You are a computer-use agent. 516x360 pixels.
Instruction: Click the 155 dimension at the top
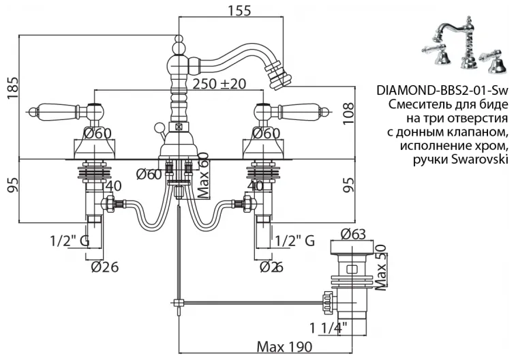point(239,10)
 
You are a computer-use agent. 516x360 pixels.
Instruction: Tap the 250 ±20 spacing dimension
point(219,84)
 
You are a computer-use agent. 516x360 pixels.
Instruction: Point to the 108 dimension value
point(348,113)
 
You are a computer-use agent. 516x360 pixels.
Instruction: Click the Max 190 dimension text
point(284,346)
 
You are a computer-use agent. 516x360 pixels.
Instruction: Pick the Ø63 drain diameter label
point(353,234)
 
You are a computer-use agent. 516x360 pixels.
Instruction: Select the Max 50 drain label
point(380,267)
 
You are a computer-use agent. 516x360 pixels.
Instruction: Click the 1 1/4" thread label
point(329,328)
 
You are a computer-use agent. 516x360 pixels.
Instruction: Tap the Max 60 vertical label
point(204,175)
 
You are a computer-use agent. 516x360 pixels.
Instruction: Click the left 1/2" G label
point(70,241)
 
